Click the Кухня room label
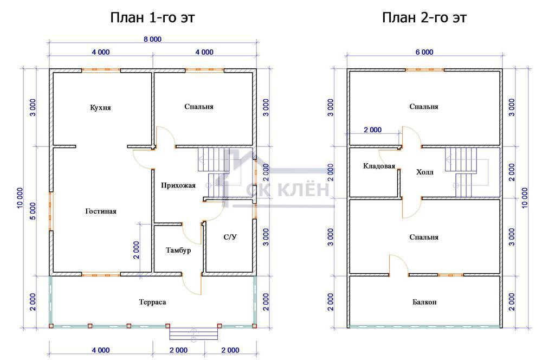coord(100,107)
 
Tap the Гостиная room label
coord(101,211)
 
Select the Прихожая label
coord(178,185)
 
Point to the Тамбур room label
coord(178,250)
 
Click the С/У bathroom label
coord(230,237)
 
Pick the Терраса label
coord(152,302)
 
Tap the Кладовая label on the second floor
coord(379,166)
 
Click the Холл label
coord(424,172)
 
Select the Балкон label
coord(424,302)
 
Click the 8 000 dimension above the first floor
coord(152,39)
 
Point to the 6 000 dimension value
coord(424,52)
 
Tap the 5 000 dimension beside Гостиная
coord(33,211)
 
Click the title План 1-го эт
coord(152,17)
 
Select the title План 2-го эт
coord(424,17)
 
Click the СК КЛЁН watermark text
coord(288,190)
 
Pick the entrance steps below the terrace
coord(193,333)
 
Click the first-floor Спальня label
coord(199,106)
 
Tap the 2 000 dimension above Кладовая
coord(373,130)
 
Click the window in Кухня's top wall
coord(101,70)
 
